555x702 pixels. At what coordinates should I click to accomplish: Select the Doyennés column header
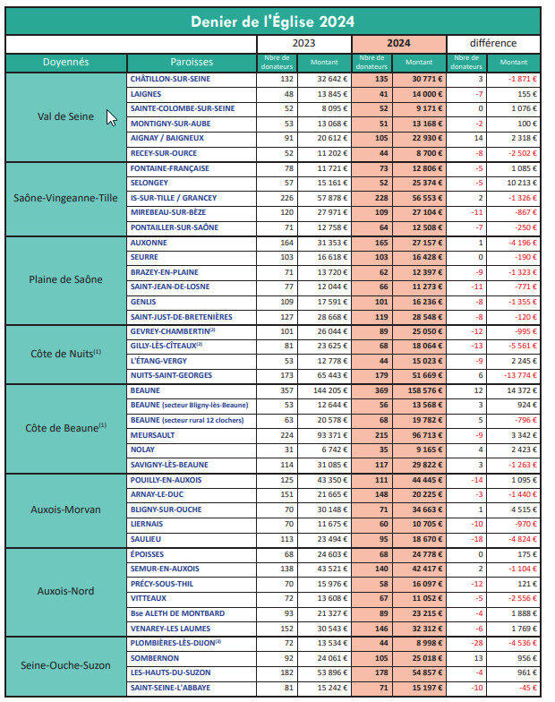click(66, 63)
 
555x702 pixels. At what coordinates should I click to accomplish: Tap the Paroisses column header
click(192, 63)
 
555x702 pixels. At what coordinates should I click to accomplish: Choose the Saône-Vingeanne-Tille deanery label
click(66, 198)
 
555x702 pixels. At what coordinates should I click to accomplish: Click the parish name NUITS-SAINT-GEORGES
click(171, 375)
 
